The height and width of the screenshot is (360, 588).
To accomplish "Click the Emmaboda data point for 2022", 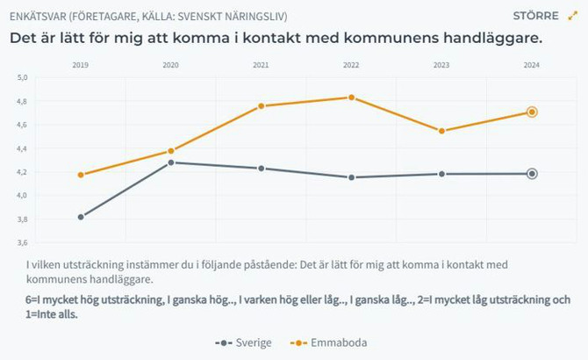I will pos(351,97).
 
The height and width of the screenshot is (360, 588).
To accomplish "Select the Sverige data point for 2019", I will pos(81,217).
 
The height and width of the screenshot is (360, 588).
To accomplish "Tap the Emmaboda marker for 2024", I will pos(532,112).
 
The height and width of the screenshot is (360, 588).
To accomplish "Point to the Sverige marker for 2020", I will pos(171,162).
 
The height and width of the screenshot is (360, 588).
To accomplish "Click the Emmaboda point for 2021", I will pos(262,106).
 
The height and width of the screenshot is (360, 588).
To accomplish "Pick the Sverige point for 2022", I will pos(351,177).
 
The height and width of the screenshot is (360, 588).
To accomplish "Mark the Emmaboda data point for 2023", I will pos(441,131).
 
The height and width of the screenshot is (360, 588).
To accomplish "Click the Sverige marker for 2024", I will pos(532,174).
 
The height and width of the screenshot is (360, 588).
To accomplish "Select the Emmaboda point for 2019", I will pos(81,175).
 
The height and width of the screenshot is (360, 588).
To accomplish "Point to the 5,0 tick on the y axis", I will pos(23,78).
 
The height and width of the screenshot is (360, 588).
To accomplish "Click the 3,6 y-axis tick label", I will pos(23,242).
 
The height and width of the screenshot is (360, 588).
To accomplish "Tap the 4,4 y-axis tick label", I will pos(23,148).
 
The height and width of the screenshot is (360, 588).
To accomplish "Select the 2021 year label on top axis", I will pos(262,66).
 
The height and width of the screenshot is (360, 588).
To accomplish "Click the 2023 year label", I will pos(441,66).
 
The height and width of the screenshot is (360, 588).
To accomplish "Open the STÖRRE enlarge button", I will pos(544,16).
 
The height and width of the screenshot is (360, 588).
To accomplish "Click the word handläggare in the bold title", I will pos(486,40).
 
